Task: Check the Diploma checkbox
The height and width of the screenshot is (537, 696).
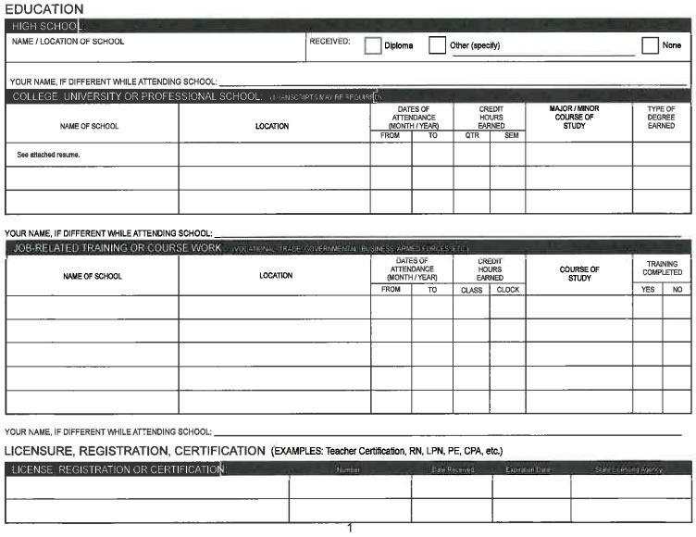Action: click(x=372, y=46)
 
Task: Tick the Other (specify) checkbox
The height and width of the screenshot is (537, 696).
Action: click(x=437, y=46)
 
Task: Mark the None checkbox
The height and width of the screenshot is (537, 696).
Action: click(x=650, y=46)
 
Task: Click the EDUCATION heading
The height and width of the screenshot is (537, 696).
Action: click(x=43, y=8)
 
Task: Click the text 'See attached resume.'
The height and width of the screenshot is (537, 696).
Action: click(x=48, y=155)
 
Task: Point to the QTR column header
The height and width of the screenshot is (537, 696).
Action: click(x=471, y=136)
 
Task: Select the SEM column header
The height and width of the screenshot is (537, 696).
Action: click(x=507, y=136)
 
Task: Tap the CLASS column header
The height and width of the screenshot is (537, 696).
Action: click(x=471, y=290)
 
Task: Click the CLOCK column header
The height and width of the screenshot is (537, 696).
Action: click(x=507, y=290)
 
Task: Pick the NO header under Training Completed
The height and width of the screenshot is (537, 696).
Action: click(x=677, y=290)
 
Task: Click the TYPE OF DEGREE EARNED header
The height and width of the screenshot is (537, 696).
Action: click(x=661, y=118)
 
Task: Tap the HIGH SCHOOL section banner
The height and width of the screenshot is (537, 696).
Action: click(x=46, y=26)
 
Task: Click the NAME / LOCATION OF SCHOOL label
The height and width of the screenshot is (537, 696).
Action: click(x=68, y=42)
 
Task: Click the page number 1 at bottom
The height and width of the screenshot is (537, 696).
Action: click(x=350, y=529)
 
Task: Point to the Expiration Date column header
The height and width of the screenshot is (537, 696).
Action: click(x=528, y=470)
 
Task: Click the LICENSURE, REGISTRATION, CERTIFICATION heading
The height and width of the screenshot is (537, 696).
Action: click(x=135, y=451)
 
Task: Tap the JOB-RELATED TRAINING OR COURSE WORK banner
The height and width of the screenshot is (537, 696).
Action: click(x=117, y=248)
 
